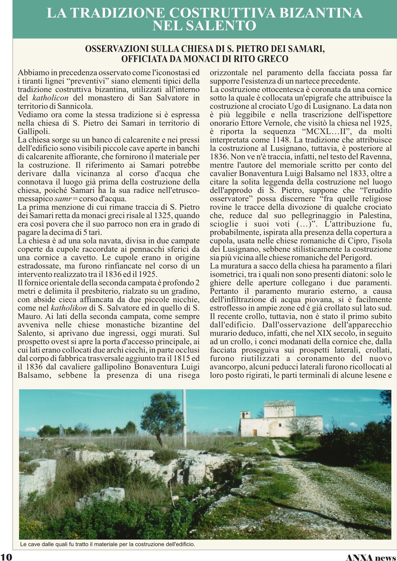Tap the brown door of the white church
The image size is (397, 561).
click(254, 433)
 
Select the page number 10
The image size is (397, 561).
click(7, 556)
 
